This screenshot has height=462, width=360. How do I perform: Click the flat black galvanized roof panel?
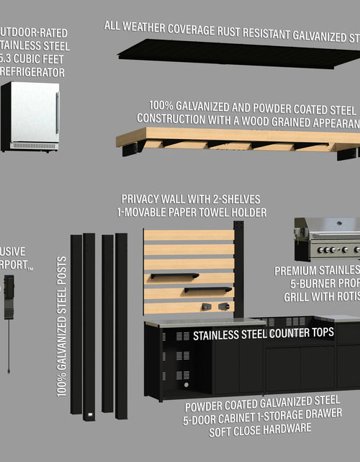click(x=238, y=53)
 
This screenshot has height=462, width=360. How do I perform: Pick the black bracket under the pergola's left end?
click(x=130, y=148)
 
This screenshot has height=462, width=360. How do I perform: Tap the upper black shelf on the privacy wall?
click(x=174, y=275)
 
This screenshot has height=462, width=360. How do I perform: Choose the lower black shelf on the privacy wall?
click(x=207, y=290)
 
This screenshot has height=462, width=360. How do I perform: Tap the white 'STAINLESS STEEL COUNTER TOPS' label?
click(x=263, y=334)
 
